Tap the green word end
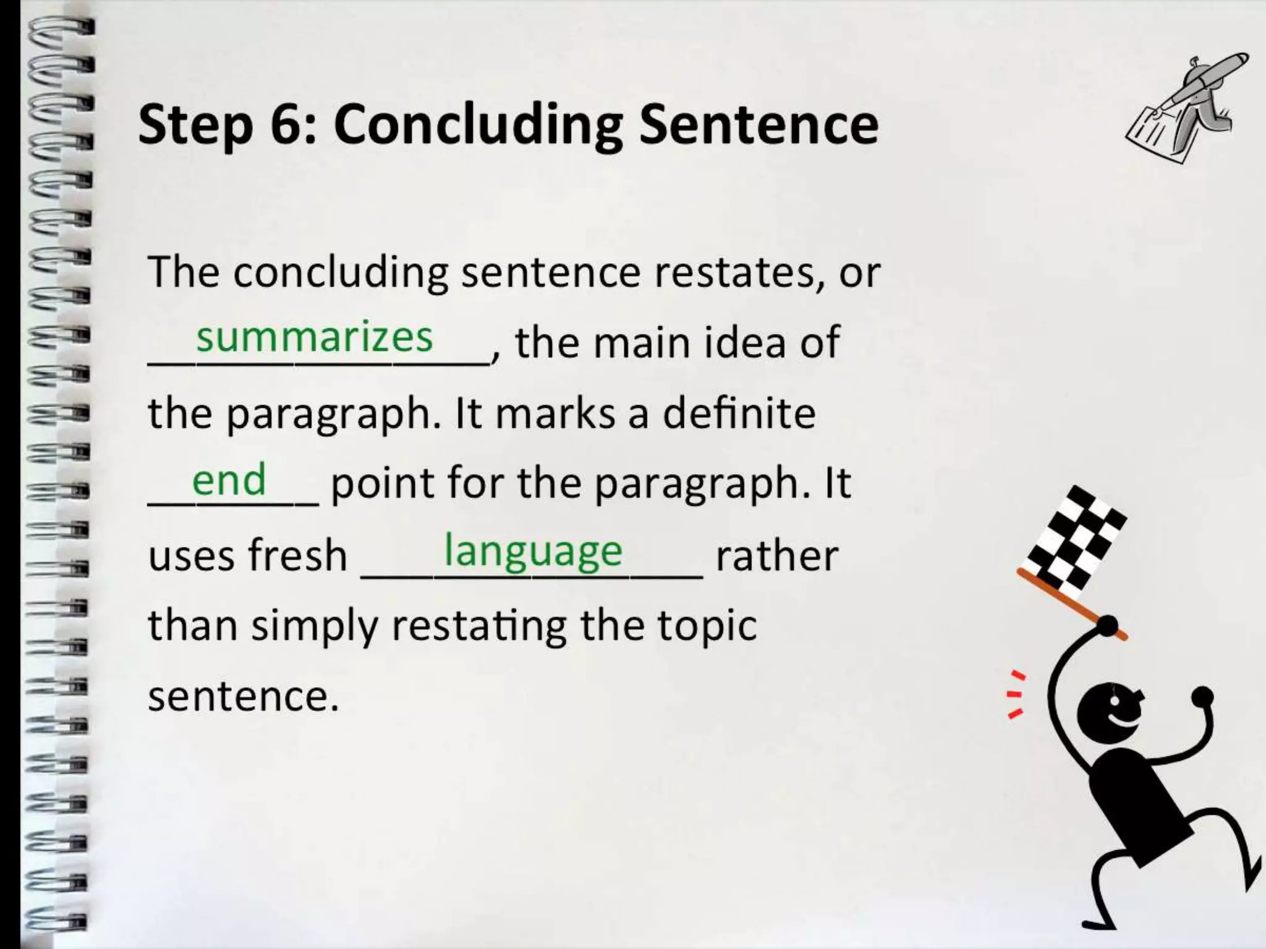(229, 479)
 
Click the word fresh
(299, 554)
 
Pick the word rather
(776, 554)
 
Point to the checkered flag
(1075, 537)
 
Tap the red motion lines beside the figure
(1015, 694)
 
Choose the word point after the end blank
(383, 484)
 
